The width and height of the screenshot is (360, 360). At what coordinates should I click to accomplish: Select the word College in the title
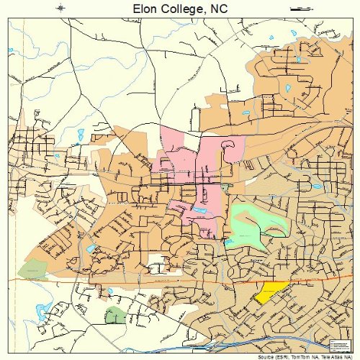click(x=180, y=8)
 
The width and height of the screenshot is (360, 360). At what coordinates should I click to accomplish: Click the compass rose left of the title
click(x=61, y=8)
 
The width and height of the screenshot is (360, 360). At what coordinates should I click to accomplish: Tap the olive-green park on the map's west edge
click(x=32, y=271)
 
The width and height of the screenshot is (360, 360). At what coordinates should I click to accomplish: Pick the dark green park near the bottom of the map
click(x=114, y=315)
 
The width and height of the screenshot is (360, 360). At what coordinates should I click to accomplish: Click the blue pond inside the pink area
click(x=197, y=210)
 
